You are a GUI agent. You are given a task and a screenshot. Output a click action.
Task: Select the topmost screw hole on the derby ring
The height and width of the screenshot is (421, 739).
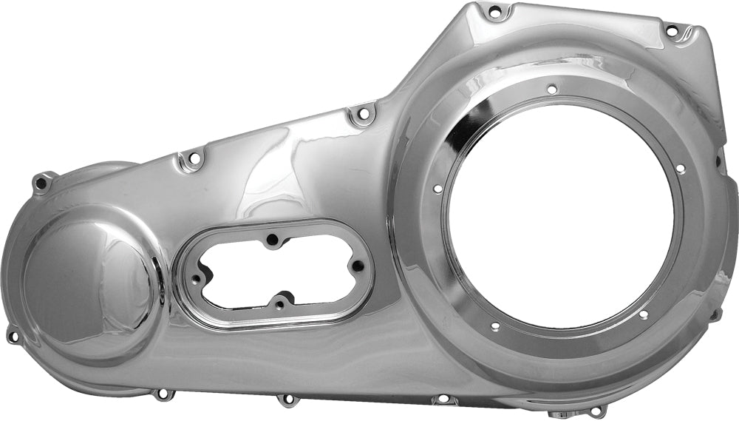point(551,90)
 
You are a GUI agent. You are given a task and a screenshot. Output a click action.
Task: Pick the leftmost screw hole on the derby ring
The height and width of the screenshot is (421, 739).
point(437,189)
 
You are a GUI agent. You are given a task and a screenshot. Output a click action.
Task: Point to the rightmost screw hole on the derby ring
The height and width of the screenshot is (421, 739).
point(680,169)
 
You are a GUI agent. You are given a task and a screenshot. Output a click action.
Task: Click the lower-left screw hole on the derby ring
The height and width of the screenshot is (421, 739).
point(494,326)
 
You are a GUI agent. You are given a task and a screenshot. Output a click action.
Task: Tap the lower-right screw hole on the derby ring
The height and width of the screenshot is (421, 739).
point(643,314)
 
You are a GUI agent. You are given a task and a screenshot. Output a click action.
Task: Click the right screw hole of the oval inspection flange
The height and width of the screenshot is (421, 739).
point(358,266)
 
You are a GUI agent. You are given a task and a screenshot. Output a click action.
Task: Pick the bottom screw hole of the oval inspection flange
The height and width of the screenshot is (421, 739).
point(279,304)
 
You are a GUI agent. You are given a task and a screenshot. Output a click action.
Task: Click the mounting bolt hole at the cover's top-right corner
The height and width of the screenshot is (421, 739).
point(672,31)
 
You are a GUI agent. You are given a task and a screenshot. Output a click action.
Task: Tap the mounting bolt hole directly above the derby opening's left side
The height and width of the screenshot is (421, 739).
point(494,12)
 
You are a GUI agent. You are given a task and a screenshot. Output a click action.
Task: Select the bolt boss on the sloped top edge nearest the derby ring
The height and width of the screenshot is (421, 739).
point(361,115)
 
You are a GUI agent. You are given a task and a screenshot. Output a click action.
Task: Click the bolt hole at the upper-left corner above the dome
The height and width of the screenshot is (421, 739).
point(43,180)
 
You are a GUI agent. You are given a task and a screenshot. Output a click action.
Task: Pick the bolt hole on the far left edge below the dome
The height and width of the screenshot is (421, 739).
point(13,337)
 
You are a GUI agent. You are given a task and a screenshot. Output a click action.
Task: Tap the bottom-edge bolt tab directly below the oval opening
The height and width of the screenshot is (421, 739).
point(287,400)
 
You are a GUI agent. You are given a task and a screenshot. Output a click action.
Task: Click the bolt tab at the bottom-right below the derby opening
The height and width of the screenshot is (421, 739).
point(596,410)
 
